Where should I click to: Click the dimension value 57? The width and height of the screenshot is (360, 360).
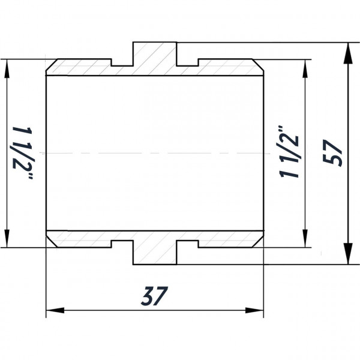pos(332,154)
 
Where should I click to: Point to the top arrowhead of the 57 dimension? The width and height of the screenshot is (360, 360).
pos(347,50)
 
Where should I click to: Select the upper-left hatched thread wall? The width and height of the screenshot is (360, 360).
pos(81,68)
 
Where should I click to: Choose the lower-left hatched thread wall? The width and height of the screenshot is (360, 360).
pos(81,239)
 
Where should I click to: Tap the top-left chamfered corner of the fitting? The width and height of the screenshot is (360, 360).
pos(51,65)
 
